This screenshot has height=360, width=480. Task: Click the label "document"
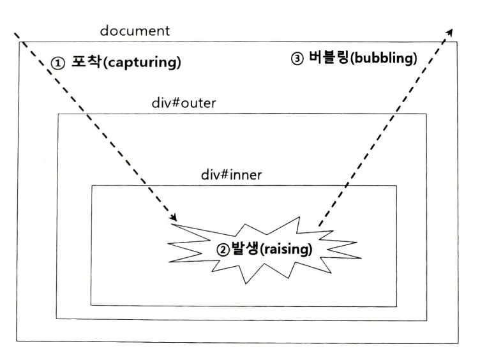(135, 31)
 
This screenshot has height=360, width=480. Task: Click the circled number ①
(58, 63)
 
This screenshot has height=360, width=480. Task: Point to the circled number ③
(297, 59)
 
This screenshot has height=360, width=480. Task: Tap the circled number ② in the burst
(223, 250)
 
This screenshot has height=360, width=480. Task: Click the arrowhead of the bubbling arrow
(451, 32)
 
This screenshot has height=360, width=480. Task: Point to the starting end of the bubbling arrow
(319, 225)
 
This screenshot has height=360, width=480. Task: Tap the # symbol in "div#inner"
(223, 174)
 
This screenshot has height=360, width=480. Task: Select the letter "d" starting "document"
(103, 31)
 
